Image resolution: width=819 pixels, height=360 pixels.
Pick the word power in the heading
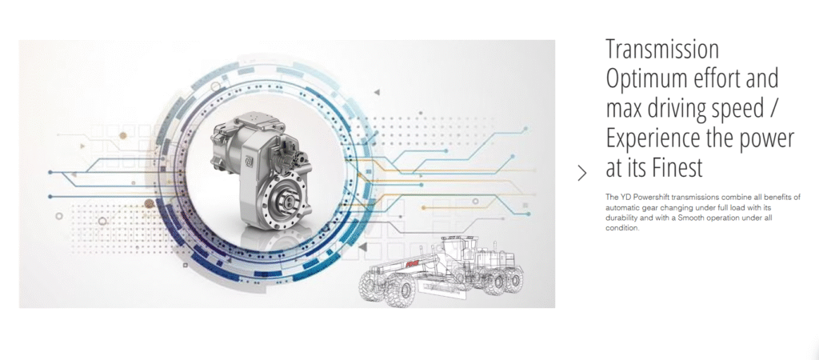click(x=769, y=140)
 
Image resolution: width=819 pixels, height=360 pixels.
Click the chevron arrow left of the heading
click(x=582, y=173)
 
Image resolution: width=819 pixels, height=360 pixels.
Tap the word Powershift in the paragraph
click(x=653, y=197)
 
